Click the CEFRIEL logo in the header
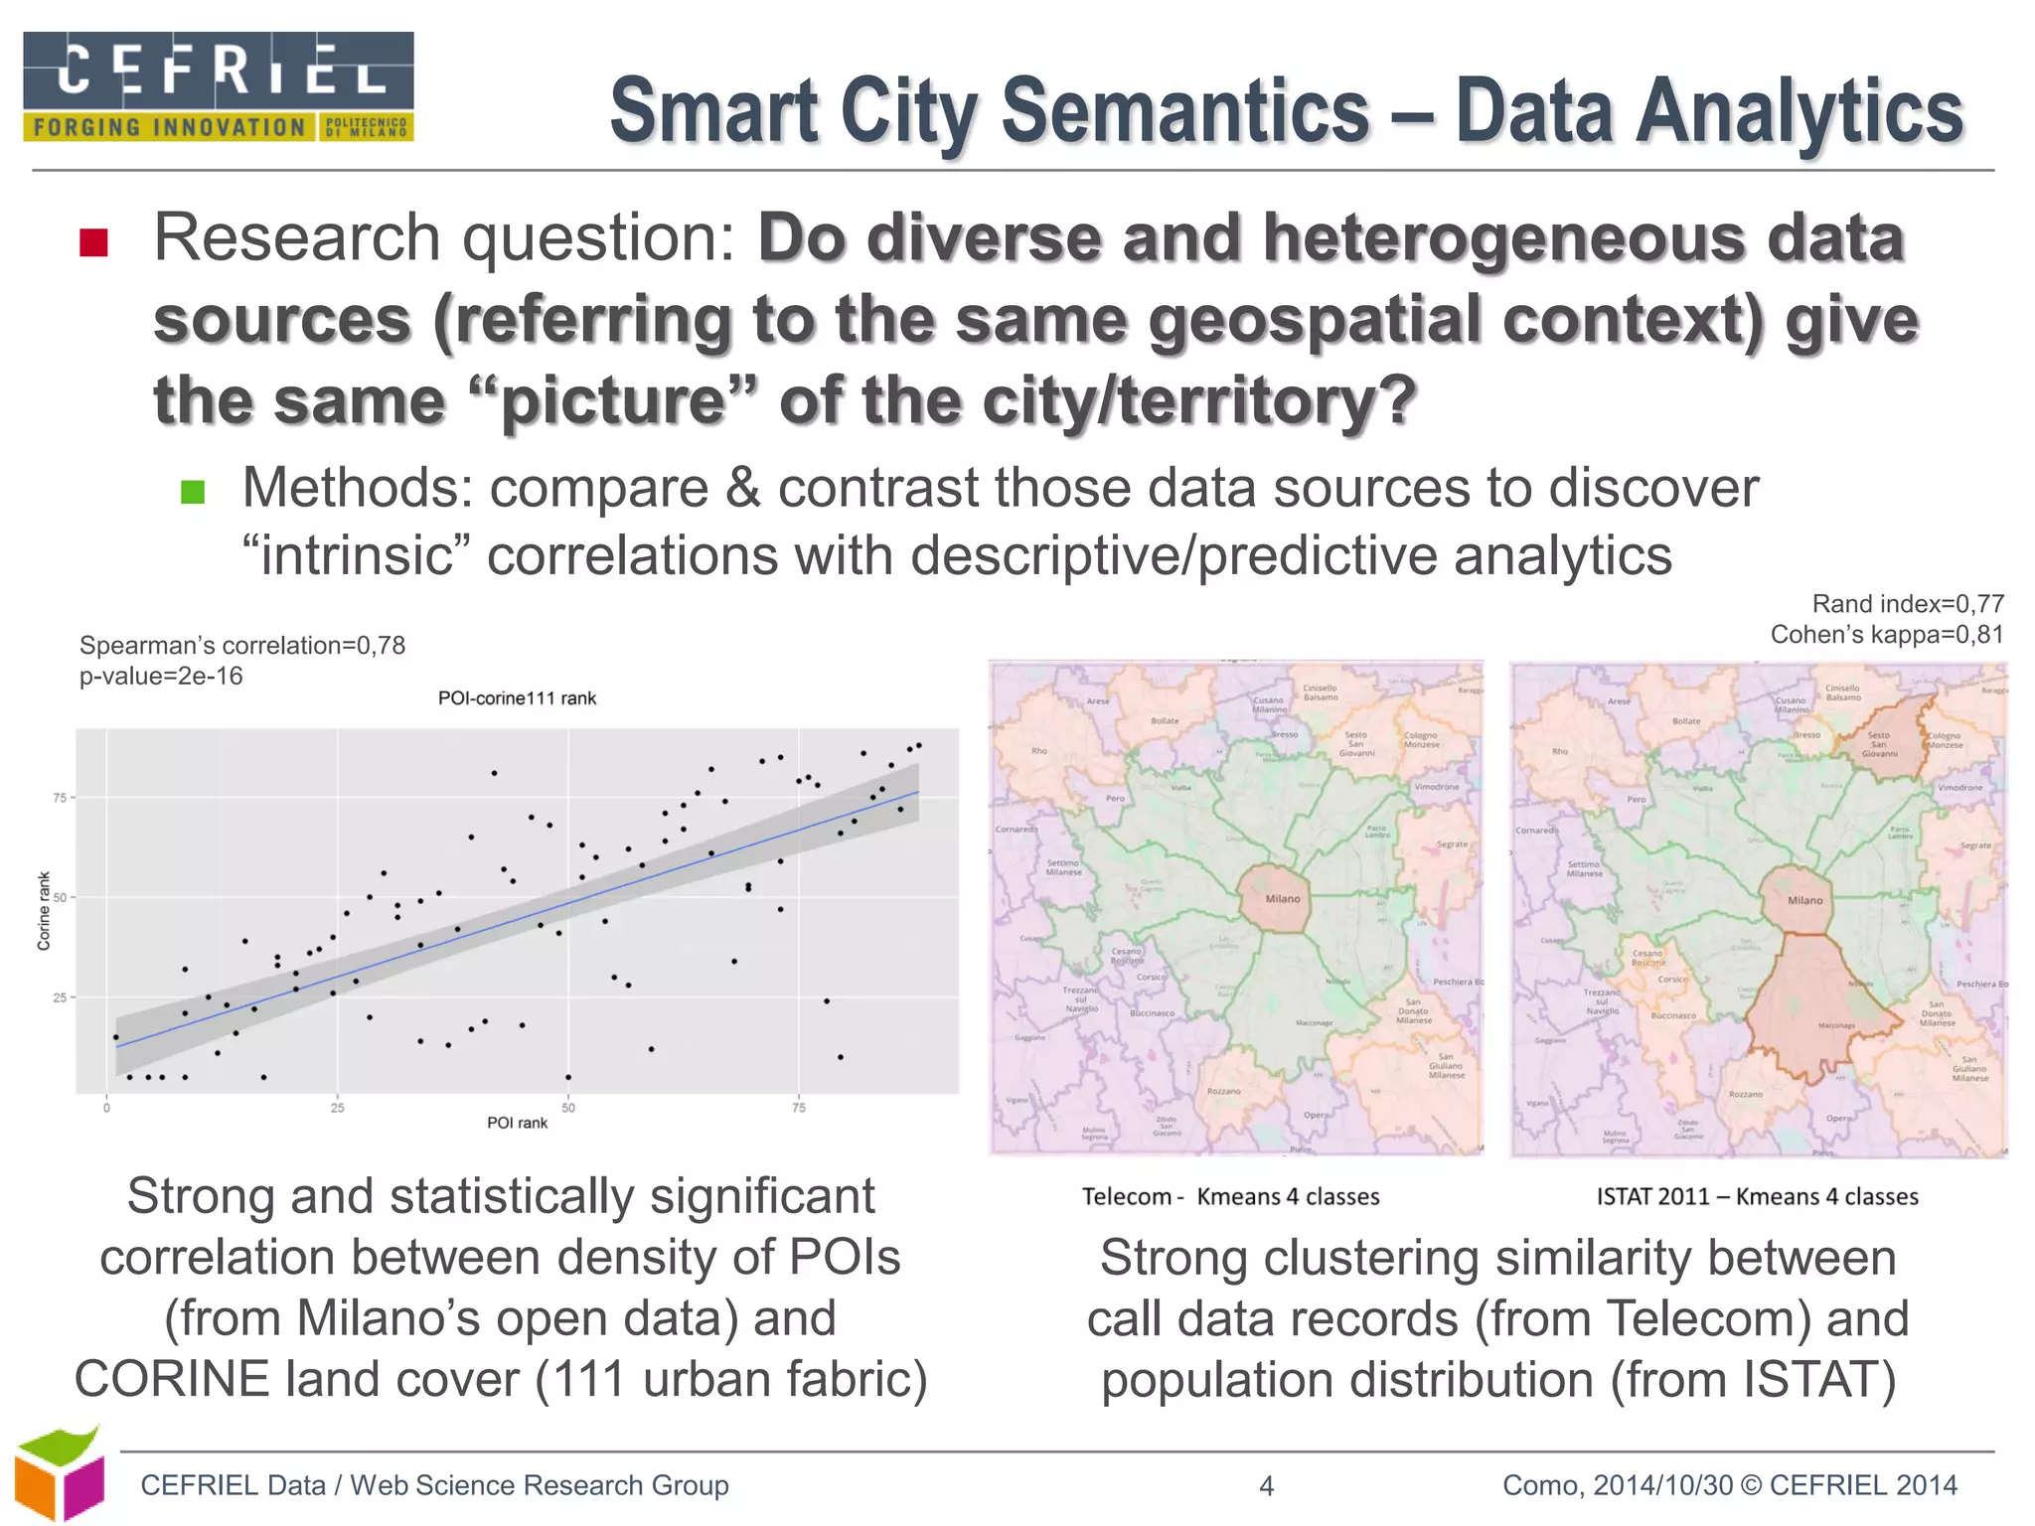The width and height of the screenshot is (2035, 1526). pyautogui.click(x=219, y=86)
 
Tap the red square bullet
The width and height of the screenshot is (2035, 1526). pyautogui.click(x=93, y=242)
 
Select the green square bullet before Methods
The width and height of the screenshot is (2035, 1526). pyautogui.click(x=193, y=492)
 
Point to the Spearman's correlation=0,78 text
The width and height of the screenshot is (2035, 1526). pyautogui.click(x=242, y=646)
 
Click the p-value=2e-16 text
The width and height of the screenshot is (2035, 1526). pyautogui.click(x=161, y=677)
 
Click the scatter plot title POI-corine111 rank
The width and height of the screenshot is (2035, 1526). pyautogui.click(x=517, y=698)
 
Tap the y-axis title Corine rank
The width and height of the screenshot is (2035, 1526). pyautogui.click(x=44, y=911)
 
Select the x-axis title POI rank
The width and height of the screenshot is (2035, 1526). pyautogui.click(x=517, y=1123)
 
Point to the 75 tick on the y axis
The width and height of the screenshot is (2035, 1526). pyautogui.click(x=60, y=798)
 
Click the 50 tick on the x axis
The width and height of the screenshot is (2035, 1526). pyautogui.click(x=568, y=1108)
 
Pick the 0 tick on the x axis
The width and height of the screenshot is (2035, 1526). pyautogui.click(x=106, y=1108)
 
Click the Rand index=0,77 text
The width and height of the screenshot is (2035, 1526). pyautogui.click(x=1908, y=604)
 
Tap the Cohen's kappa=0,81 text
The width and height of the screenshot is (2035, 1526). pyautogui.click(x=1887, y=635)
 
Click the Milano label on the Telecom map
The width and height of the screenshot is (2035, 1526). pyautogui.click(x=1282, y=899)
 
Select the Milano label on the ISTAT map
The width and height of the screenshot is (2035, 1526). pyautogui.click(x=1804, y=900)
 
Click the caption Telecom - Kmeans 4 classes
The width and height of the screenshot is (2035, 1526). pyautogui.click(x=1230, y=1197)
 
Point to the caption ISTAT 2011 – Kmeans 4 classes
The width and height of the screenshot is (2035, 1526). pyautogui.click(x=1757, y=1197)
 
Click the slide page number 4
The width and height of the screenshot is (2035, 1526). pyautogui.click(x=1266, y=1486)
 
